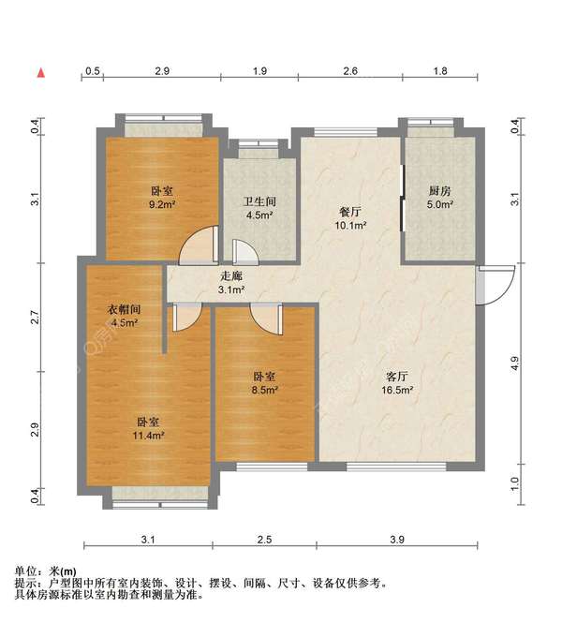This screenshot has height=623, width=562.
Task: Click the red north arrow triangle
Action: [40, 71]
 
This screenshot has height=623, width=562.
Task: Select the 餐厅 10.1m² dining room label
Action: [351, 218]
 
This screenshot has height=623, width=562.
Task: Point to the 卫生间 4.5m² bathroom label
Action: [259, 208]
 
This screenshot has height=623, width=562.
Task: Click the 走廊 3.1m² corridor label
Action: [231, 284]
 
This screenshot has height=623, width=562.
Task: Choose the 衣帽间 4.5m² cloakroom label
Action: [124, 317]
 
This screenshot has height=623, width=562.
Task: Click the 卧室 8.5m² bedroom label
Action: [265, 382]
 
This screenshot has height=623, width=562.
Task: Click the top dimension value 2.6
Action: [349, 71]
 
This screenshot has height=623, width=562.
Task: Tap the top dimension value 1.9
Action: [259, 71]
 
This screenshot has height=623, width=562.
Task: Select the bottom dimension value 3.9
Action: [397, 539]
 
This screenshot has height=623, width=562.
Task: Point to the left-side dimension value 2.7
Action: [35, 317]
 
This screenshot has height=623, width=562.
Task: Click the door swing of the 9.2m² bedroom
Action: [198, 245]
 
